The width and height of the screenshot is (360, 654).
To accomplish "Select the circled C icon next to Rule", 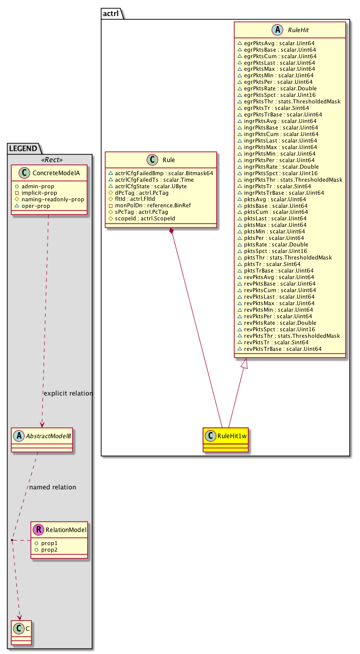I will (151, 160).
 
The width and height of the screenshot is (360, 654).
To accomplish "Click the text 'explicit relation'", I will (68, 393).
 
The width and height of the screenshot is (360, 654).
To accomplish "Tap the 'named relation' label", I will (53, 487).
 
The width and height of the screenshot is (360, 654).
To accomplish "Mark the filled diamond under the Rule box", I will (172, 230).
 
